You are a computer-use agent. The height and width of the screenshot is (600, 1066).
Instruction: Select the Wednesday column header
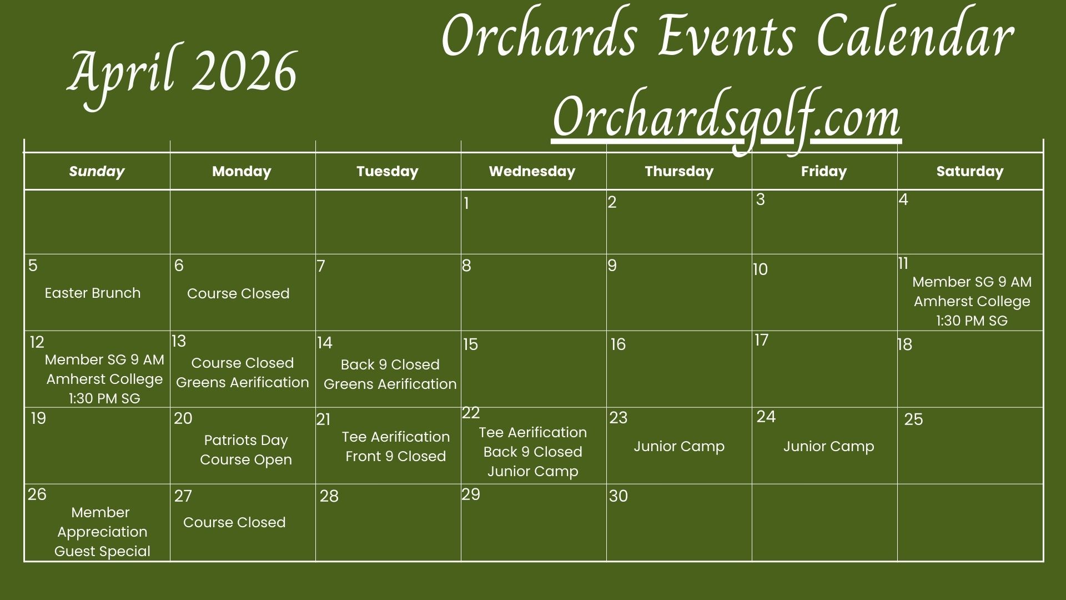532,171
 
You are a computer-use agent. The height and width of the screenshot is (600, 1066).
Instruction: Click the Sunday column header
97,172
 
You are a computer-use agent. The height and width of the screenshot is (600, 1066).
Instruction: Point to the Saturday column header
970,172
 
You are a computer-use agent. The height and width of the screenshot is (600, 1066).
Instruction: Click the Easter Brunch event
93,293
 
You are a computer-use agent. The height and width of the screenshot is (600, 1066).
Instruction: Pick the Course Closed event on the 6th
238,293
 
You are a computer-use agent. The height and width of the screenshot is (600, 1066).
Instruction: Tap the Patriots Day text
246,441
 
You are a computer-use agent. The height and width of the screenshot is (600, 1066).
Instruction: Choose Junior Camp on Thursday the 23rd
679,447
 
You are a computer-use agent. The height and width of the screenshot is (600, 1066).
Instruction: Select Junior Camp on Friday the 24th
828,447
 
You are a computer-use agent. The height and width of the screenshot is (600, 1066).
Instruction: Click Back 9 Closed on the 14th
390,364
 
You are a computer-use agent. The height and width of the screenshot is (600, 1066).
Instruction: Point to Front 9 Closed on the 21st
395,456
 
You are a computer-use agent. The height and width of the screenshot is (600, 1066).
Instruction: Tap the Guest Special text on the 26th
102,551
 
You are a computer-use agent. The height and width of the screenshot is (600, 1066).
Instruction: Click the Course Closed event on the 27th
234,522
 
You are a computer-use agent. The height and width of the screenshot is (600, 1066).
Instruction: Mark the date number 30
618,496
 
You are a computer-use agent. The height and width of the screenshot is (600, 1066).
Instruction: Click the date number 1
466,203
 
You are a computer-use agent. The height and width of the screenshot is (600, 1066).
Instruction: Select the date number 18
905,345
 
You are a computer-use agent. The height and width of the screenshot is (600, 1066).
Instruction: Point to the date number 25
913,419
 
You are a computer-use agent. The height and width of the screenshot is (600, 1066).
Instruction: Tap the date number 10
760,269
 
